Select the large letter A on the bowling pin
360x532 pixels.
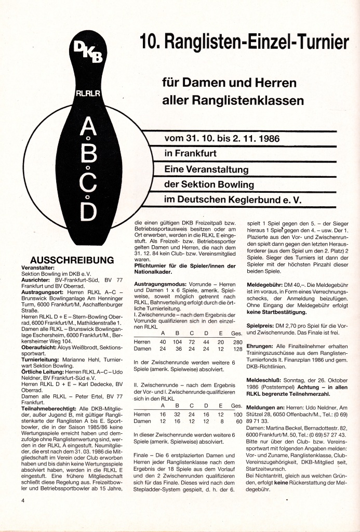click(x=89, y=127)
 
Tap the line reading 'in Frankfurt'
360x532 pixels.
click(x=190, y=154)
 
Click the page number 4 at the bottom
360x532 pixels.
click(x=23, y=500)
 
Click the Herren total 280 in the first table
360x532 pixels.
click(x=238, y=342)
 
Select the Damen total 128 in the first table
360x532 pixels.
click(x=238, y=349)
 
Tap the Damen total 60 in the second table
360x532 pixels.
click(x=239, y=421)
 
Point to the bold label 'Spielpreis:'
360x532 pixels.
click(x=263, y=325)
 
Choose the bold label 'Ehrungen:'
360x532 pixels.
click(x=262, y=346)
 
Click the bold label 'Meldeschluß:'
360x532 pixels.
click(x=265, y=380)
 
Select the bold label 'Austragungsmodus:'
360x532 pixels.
click(x=157, y=285)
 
